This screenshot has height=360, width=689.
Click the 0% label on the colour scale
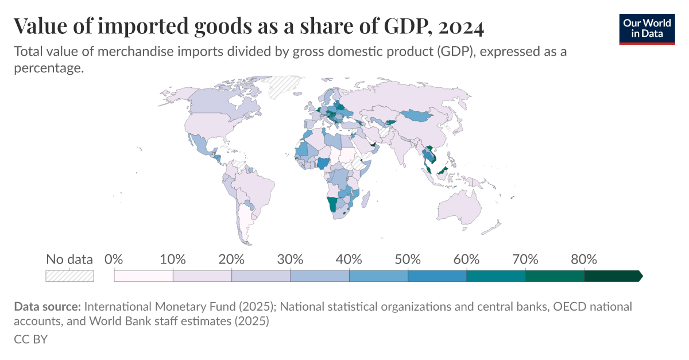(114, 259)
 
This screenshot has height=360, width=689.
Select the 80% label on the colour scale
(584, 259)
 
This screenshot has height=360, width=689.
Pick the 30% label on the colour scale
(290, 259)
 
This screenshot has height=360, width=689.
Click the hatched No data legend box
(69, 276)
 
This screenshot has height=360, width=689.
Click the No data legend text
(69, 259)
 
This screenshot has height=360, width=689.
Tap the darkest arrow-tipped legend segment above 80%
(613, 276)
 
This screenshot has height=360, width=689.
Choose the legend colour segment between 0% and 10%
(144, 276)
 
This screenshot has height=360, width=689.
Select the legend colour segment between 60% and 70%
(496, 276)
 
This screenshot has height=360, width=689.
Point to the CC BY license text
(30, 339)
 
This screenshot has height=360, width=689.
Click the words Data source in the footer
(48, 307)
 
